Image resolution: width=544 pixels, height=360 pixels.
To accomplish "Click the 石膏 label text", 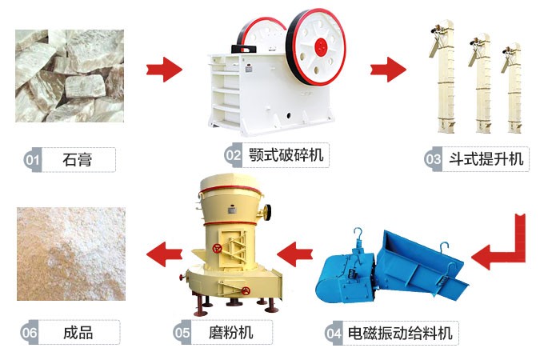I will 77,159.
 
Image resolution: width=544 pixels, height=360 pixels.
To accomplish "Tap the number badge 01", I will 32,159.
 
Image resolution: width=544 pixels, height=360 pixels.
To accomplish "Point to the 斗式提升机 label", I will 483,158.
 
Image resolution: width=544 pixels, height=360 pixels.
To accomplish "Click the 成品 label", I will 77,331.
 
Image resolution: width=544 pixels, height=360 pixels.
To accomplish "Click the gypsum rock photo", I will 70,76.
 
